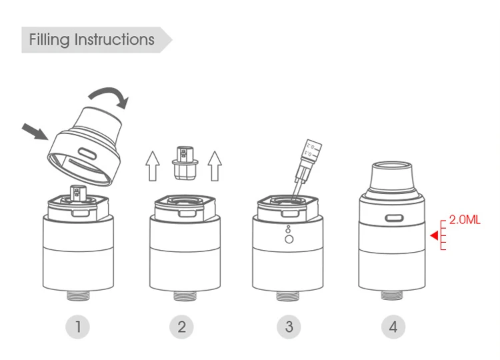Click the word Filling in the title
[49, 40]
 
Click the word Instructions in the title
[115, 39]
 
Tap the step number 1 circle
[78, 327]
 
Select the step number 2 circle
[181, 327]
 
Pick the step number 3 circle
[289, 327]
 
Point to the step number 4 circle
[393, 327]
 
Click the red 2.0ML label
[465, 220]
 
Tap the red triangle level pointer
[434, 235]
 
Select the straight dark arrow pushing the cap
[35, 132]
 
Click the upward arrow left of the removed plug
[153, 166]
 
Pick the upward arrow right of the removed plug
[215, 166]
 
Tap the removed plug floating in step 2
[185, 163]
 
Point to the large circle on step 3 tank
[289, 239]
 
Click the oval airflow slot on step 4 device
[394, 218]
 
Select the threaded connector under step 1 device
[78, 295]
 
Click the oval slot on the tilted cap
[87, 154]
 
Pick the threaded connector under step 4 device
[392, 295]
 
